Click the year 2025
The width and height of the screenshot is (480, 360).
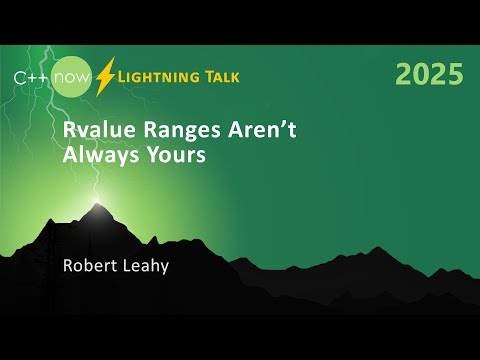[x=429, y=74]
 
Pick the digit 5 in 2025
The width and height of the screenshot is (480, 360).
[x=455, y=74]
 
